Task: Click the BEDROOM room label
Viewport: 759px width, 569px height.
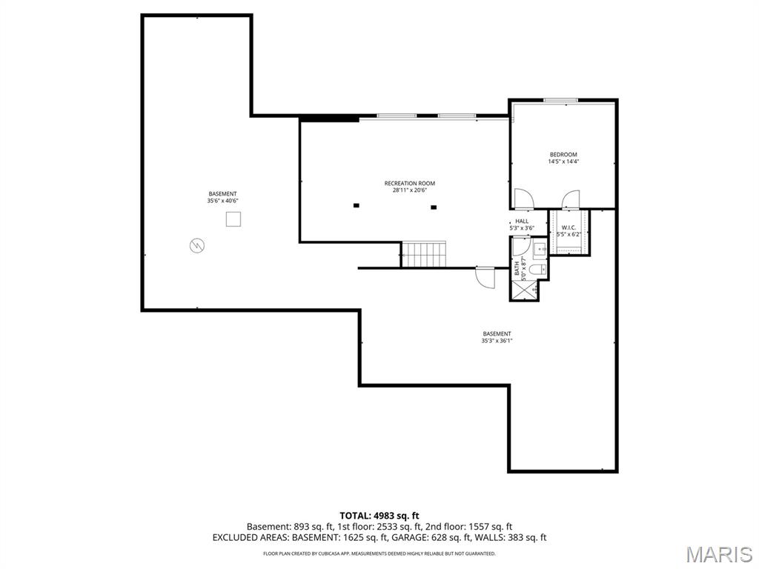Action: click(563, 155)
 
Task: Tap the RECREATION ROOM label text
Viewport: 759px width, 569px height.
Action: click(409, 183)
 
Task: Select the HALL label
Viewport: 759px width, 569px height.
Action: click(522, 221)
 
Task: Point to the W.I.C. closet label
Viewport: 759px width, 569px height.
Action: click(569, 227)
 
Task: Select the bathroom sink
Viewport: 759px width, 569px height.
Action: click(538, 249)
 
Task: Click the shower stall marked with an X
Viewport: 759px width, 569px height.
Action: click(524, 290)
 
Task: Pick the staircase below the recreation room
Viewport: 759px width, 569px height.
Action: click(424, 254)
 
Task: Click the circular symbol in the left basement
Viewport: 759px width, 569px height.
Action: click(197, 244)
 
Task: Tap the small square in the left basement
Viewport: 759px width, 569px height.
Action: click(233, 219)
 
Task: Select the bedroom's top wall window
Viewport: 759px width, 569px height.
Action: click(561, 100)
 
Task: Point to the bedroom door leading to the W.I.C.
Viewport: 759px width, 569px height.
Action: click(571, 199)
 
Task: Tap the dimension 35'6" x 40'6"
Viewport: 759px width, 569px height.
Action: click(222, 201)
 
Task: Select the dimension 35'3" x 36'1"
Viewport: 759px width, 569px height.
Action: click(497, 341)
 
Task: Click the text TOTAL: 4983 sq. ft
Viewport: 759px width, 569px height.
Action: click(379, 515)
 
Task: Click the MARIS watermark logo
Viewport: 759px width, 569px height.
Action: click(717, 554)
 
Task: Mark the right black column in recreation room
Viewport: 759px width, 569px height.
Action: click(434, 207)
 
